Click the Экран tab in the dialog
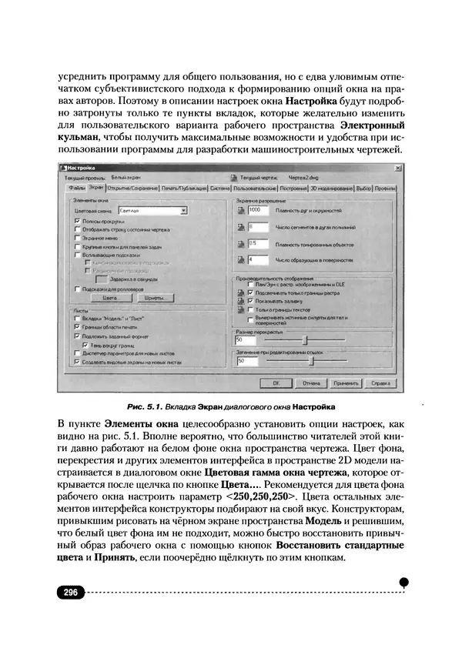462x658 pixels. pyautogui.click(x=95, y=187)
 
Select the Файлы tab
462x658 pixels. pyautogui.click(x=76, y=187)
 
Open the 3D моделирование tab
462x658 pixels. pyautogui.click(x=332, y=187)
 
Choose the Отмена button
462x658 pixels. pyautogui.click(x=311, y=381)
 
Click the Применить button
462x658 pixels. pyautogui.click(x=346, y=381)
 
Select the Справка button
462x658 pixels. pyautogui.click(x=381, y=381)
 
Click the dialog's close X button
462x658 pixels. pyautogui.click(x=397, y=167)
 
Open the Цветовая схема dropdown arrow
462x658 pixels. pyautogui.click(x=183, y=209)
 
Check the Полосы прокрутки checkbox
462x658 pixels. pyautogui.click(x=77, y=220)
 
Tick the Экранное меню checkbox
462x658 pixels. pyautogui.click(x=77, y=238)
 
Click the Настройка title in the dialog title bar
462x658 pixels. pyautogui.click(x=82, y=167)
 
